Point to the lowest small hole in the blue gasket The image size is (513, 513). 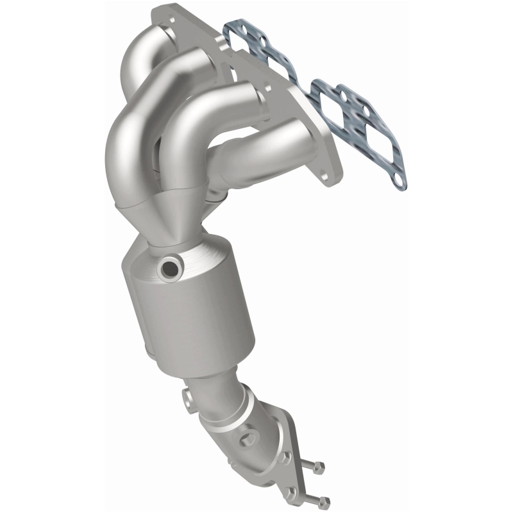pyautogui.click(x=400, y=183)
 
